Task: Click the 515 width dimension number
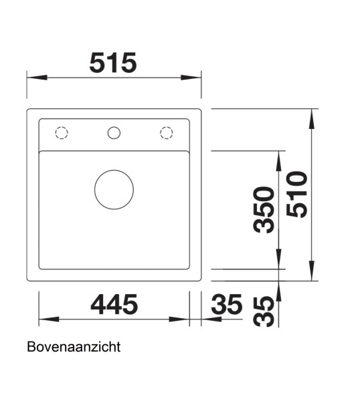click(113, 63)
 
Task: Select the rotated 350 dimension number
click(265, 209)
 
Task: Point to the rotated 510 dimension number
click(296, 194)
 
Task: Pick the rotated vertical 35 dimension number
click(265, 311)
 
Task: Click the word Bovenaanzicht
click(74, 348)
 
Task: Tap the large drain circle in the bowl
click(114, 189)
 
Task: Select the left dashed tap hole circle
click(61, 132)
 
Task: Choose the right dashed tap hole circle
click(167, 132)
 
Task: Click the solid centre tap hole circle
click(114, 132)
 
